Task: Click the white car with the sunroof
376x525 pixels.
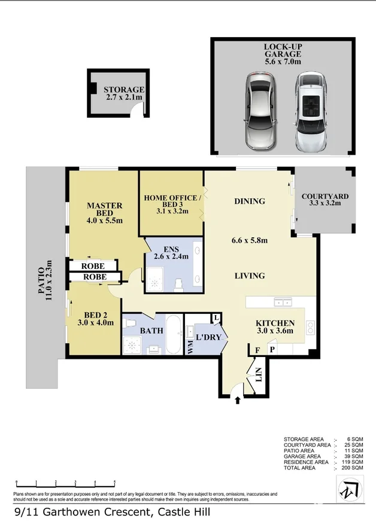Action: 311,112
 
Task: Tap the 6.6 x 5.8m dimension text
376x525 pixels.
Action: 250,241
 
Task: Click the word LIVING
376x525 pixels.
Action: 250,276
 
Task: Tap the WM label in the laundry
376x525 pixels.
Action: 190,347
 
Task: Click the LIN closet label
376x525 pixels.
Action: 259,374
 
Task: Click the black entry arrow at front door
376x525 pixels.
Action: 238,400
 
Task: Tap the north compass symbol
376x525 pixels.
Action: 349,490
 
